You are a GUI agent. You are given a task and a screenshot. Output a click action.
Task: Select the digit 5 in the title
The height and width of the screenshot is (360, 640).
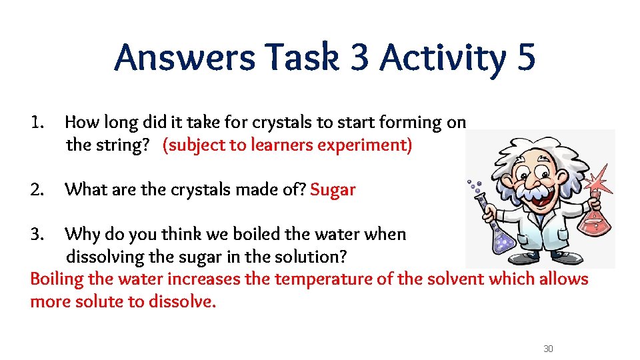tap(525, 57)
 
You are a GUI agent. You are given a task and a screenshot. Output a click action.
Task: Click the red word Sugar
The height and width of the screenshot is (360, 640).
tap(333, 190)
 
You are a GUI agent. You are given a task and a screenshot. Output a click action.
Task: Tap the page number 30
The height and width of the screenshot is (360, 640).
tap(549, 349)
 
